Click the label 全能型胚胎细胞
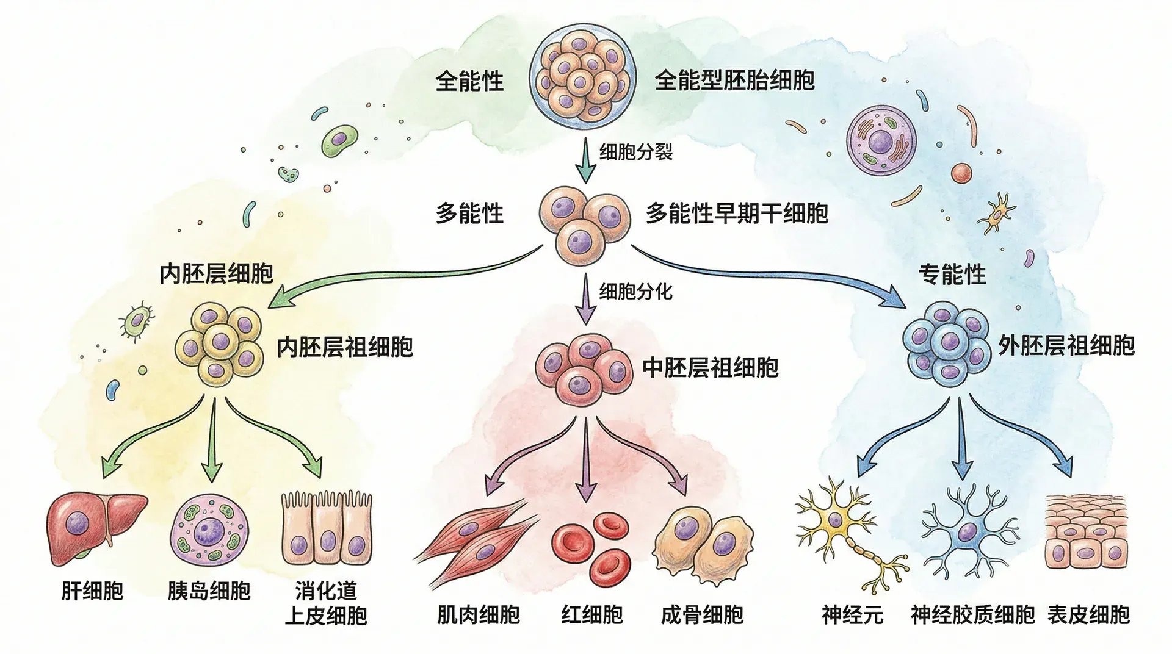pyautogui.click(x=734, y=81)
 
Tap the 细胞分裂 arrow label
pyautogui.click(x=635, y=151)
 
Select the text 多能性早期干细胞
pyautogui.click(x=737, y=214)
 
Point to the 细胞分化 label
pyautogui.click(x=635, y=292)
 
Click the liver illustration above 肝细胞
pyautogui.click(x=96, y=527)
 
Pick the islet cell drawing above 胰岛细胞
pyautogui.click(x=210, y=528)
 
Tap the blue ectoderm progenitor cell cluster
pyautogui.click(x=947, y=343)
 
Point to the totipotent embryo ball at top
pyautogui.click(x=582, y=76)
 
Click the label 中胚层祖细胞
pyautogui.click(x=710, y=368)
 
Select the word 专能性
pyautogui.click(x=952, y=275)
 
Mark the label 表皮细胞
pyautogui.click(x=1088, y=615)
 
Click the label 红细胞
pyautogui.click(x=591, y=615)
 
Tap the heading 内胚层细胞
pyautogui.click(x=216, y=274)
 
